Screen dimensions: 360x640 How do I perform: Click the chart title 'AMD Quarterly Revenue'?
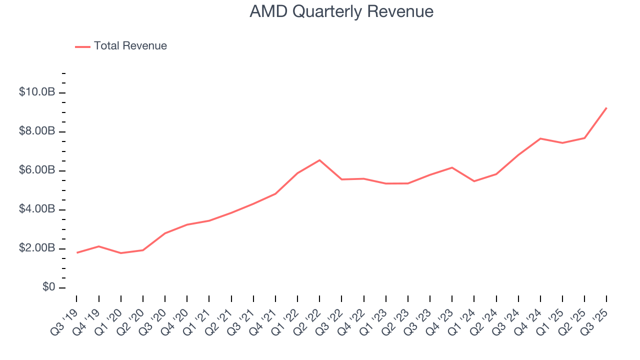coord(341,11)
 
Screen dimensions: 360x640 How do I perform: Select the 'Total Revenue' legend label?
coord(130,46)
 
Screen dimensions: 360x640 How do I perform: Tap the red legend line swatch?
coord(82,46)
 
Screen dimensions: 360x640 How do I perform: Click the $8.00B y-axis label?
coord(36,132)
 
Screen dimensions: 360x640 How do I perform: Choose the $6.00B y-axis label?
coord(36,171)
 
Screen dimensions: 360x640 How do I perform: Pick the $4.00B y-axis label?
coord(36,209)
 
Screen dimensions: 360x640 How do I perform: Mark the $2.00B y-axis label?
coord(36,248)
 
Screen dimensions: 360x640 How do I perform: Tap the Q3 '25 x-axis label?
coord(596,317)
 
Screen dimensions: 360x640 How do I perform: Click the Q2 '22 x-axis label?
coord(309,317)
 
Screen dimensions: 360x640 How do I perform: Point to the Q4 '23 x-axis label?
coord(441,317)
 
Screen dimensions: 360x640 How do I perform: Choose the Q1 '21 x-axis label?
coord(198,317)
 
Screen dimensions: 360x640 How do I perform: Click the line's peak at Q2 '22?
coord(319,160)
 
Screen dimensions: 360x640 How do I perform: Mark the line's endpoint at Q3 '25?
coord(606,108)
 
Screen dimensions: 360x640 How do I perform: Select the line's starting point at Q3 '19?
coord(76,252)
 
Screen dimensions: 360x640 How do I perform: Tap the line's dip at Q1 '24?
coord(474,181)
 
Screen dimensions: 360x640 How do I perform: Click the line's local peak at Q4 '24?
coord(540,138)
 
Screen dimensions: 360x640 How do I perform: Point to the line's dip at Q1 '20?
coord(120,253)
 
